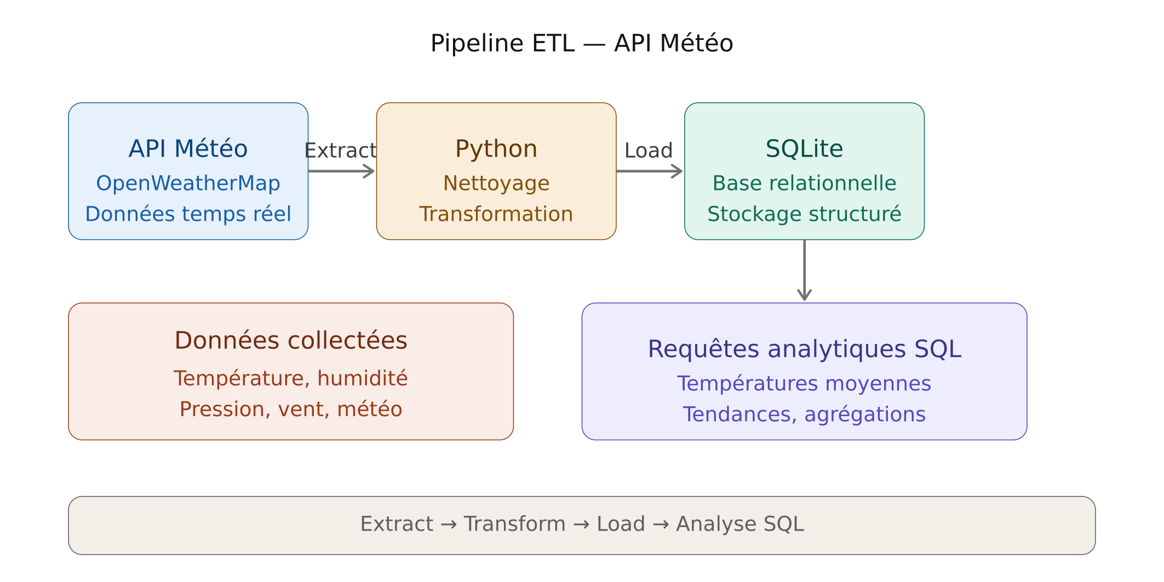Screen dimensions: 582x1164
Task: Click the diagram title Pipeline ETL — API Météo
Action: click(582, 43)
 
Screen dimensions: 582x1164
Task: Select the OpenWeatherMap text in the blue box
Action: click(188, 183)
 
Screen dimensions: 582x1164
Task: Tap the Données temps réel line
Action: click(188, 214)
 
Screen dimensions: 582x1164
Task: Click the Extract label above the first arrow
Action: click(340, 151)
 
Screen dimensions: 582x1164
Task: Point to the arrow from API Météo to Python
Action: click(341, 171)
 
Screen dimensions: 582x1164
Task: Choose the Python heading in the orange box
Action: click(496, 149)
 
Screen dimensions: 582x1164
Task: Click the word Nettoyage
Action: click(496, 183)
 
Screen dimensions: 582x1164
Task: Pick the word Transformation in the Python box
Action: click(496, 214)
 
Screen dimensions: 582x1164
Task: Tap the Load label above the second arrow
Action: click(649, 151)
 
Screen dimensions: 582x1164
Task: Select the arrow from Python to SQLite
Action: click(650, 171)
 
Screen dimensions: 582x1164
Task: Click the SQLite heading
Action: click(804, 149)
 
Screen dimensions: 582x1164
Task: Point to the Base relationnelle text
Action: click(804, 183)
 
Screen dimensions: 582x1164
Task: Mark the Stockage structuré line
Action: click(804, 214)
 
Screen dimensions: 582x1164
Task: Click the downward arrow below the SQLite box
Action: click(804, 270)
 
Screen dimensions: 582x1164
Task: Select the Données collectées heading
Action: click(291, 341)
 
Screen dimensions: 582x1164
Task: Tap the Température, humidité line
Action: click(291, 378)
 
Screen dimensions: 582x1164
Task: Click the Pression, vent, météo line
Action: click(291, 410)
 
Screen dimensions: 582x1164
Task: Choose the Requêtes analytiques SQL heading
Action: click(804, 349)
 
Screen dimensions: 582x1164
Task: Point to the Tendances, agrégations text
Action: click(804, 414)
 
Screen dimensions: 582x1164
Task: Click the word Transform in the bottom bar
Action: click(514, 525)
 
